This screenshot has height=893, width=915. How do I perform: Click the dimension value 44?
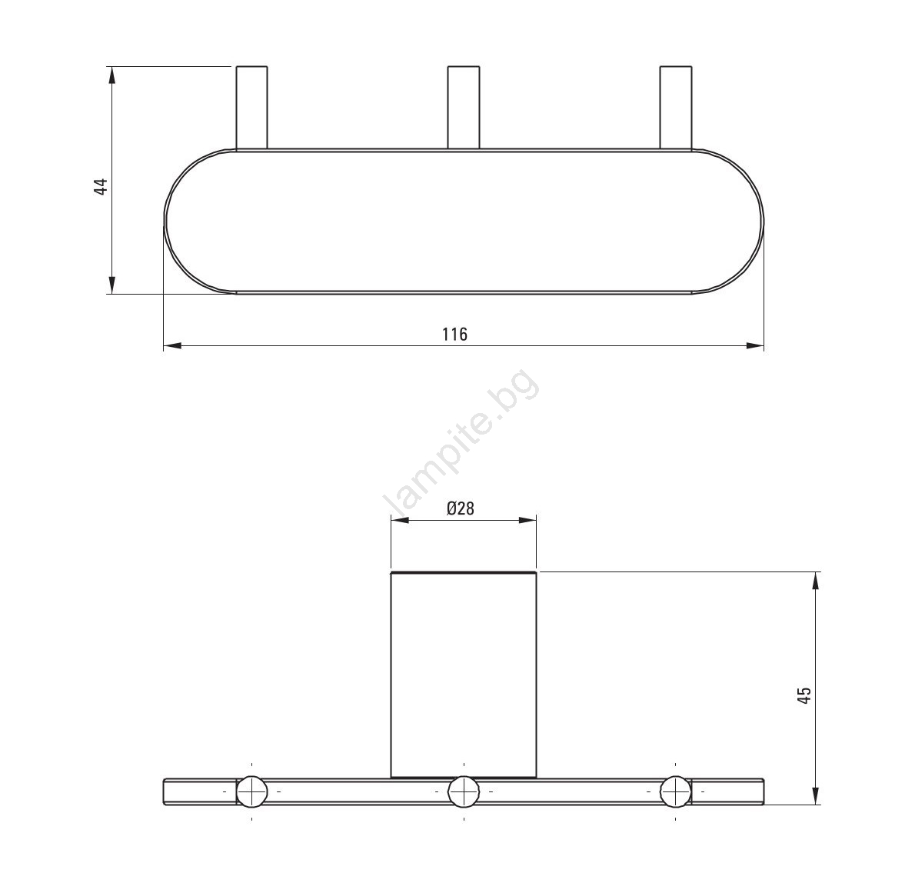pos(101,186)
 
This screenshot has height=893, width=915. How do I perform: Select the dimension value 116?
pos(454,335)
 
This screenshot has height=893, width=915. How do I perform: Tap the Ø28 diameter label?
pos(461,509)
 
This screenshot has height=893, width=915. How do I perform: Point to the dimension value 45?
pos(804,695)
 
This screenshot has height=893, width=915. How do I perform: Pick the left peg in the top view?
pos(252,108)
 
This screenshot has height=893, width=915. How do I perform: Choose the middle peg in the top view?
pos(464,108)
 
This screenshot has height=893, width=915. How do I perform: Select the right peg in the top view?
pos(676,108)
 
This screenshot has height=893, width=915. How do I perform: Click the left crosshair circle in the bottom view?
pos(251,792)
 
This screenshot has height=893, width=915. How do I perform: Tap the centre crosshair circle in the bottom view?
pos(464,792)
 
